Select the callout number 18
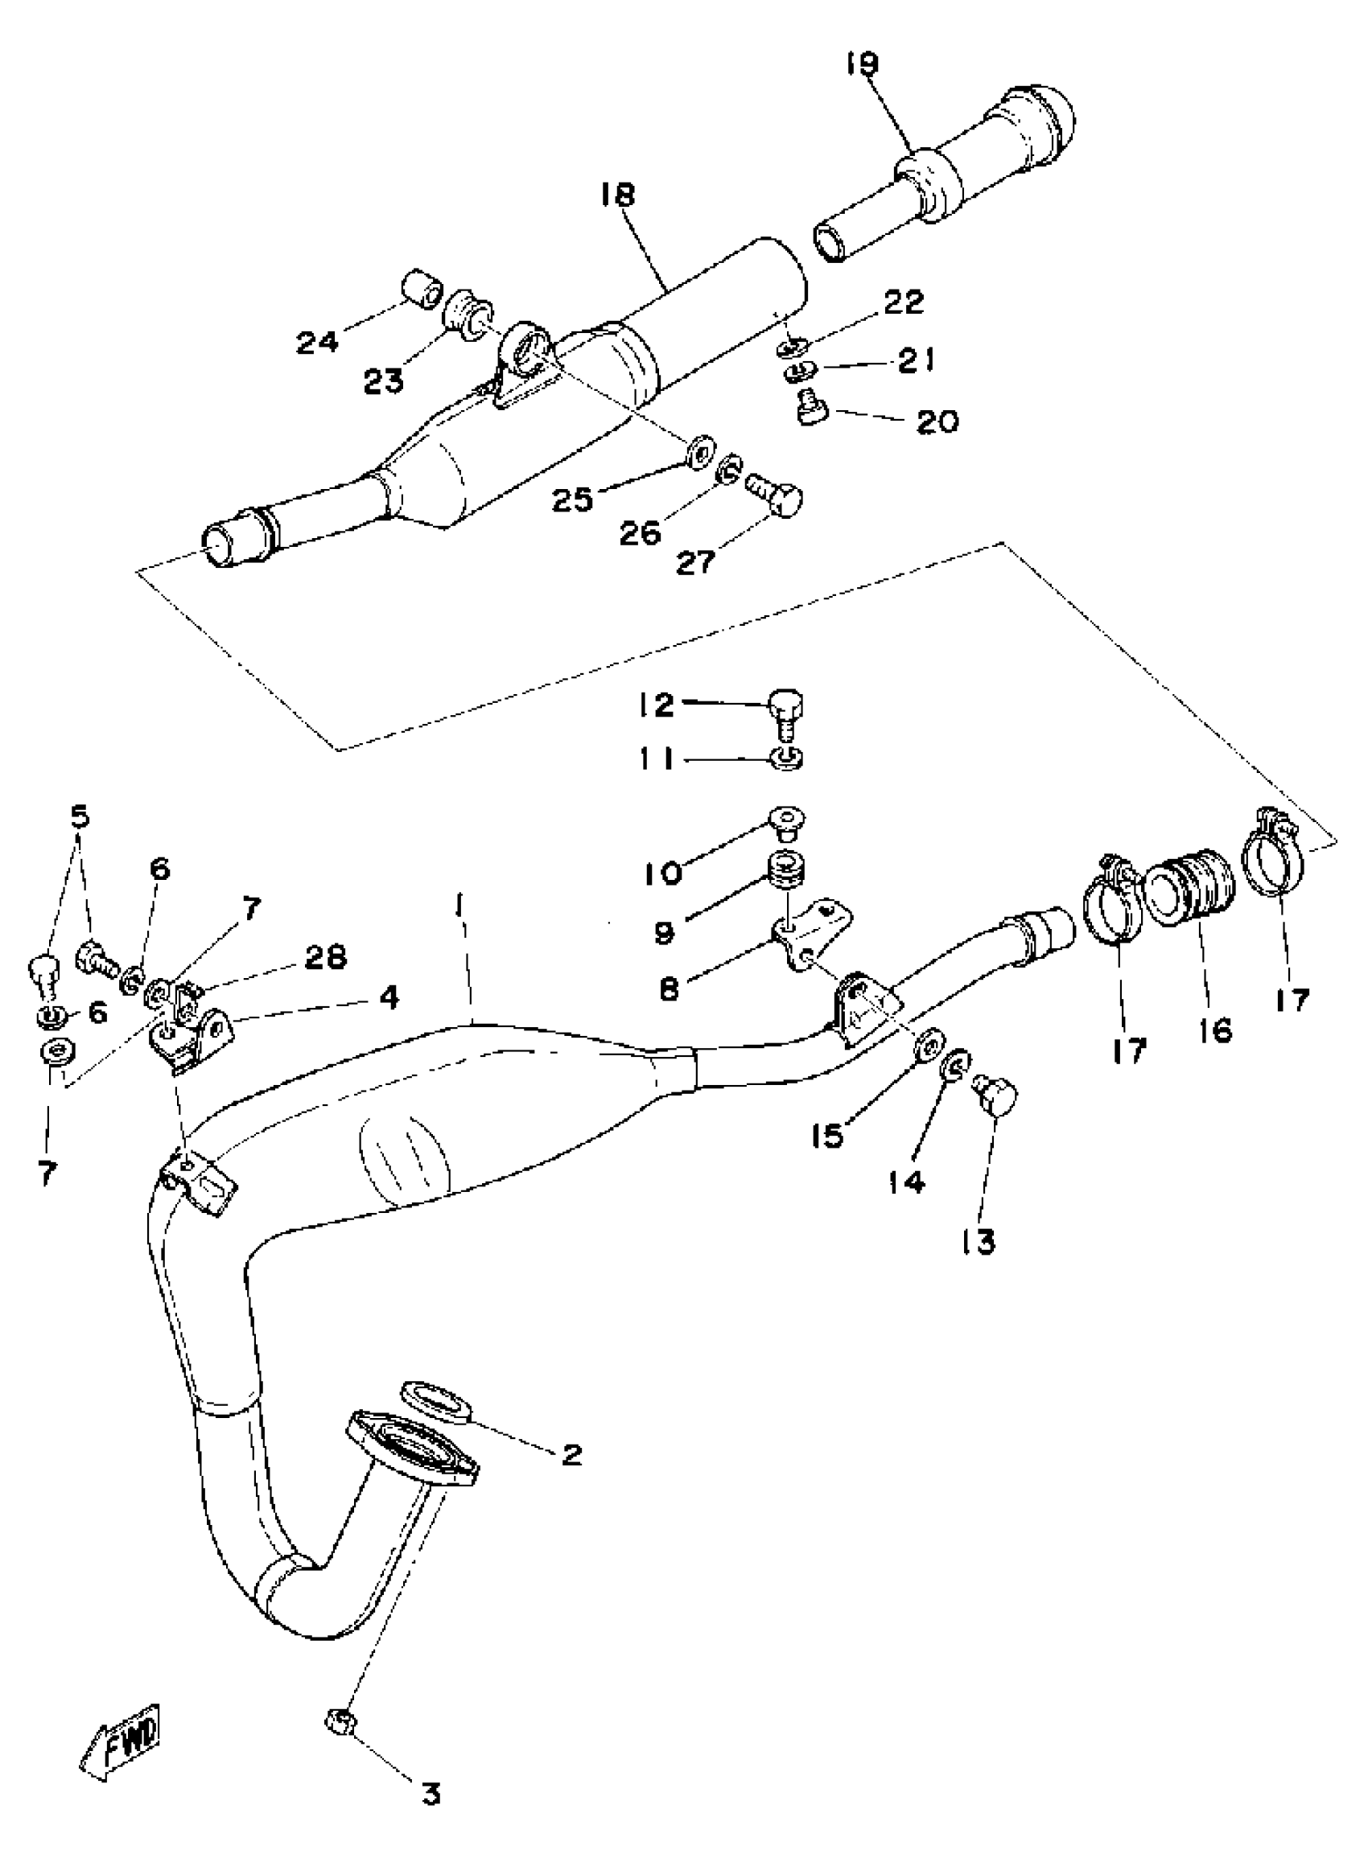(x=619, y=195)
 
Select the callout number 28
(x=323, y=956)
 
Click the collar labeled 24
(x=420, y=289)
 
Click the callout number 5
(x=80, y=816)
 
